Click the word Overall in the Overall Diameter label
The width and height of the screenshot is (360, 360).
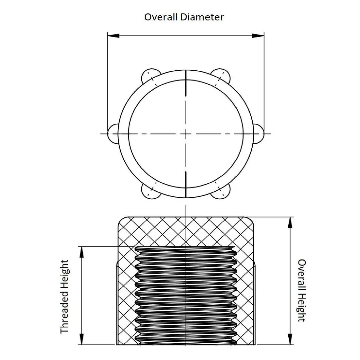click(161, 17)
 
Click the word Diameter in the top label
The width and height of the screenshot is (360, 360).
click(202, 17)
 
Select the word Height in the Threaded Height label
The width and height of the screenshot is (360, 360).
click(64, 275)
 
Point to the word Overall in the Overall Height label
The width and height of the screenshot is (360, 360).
click(302, 274)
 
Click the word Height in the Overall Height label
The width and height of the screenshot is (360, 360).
click(302, 307)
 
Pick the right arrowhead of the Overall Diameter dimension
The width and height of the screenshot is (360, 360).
click(258, 36)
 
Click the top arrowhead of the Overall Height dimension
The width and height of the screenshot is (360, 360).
click(290, 223)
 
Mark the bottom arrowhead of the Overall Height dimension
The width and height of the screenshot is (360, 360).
click(290, 339)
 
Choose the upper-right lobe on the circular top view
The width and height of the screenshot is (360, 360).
click(222, 75)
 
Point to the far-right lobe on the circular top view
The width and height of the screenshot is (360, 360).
click(259, 134)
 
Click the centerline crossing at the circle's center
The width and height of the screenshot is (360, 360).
click(186, 134)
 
